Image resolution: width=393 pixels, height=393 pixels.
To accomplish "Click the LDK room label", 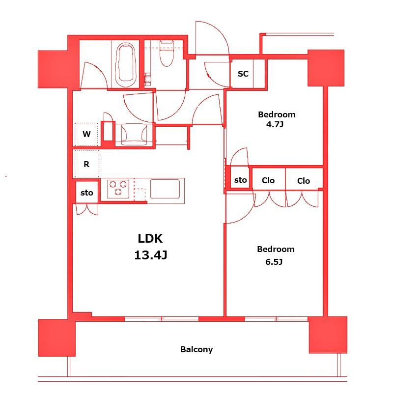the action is pos(150,238).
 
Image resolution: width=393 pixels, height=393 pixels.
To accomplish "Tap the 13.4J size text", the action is pos(151,255).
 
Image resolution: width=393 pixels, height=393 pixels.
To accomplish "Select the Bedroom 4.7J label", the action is pos(277,119).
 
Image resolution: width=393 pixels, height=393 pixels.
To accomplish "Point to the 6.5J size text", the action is pos(274,262).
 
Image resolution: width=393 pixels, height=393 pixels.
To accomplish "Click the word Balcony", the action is pos(196,349).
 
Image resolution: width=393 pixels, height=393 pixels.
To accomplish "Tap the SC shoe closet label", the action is pos(243,74).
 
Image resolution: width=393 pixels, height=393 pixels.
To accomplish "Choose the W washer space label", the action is pos(86,134).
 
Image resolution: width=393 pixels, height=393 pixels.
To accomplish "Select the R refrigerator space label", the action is pos(86,164).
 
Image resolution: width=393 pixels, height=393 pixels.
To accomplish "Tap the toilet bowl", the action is pos(167,54).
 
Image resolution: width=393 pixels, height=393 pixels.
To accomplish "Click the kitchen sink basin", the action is pos(165,189).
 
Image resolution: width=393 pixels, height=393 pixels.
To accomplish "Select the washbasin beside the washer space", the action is pos(134,135).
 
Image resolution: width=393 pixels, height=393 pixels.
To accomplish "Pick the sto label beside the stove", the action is pos(87,193).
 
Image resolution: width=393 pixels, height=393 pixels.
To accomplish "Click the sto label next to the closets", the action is pos(240,180).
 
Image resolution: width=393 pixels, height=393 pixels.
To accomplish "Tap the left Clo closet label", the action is pos(268,180).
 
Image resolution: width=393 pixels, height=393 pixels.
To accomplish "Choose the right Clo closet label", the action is pos(304,181).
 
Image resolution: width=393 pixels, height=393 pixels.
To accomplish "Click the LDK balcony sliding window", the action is pos(162,319).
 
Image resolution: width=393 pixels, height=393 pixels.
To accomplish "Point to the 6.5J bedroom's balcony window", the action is pos(276,319).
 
